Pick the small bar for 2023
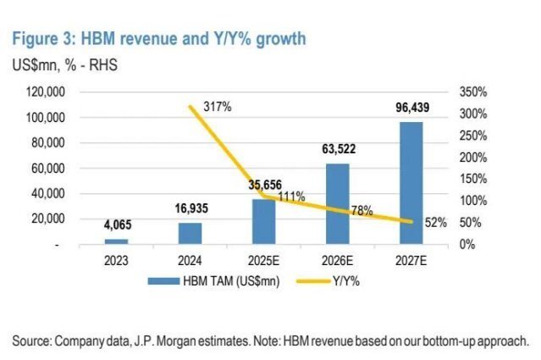click(x=116, y=241)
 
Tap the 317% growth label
click(x=215, y=107)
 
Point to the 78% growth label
click(x=362, y=211)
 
